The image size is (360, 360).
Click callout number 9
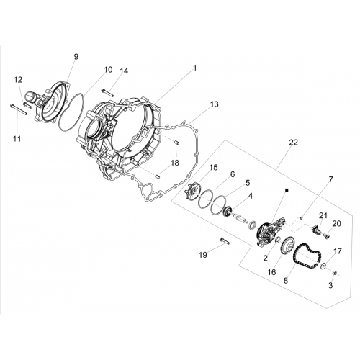[76, 57]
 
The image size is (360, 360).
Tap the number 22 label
[293, 143]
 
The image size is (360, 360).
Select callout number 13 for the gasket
[215, 104]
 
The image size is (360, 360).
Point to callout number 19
[203, 255]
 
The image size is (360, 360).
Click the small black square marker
[287, 190]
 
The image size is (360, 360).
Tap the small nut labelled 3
[336, 273]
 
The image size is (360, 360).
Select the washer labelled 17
[323, 265]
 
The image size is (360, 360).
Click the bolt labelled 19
[224, 240]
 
